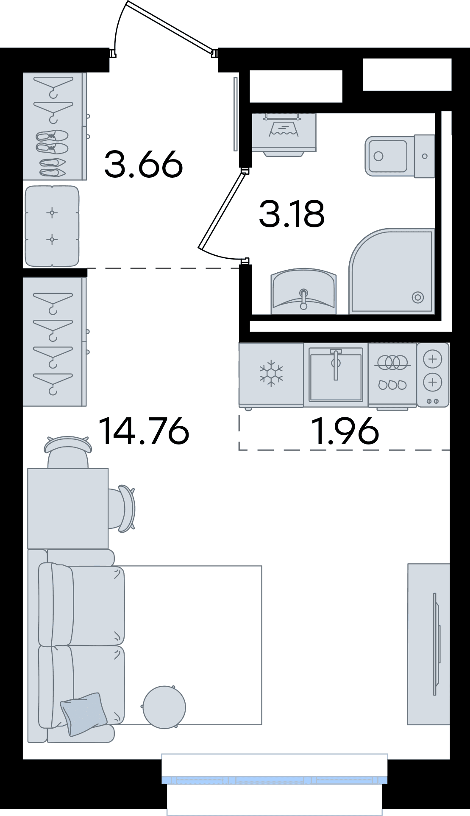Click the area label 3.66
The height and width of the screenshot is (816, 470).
coord(144,164)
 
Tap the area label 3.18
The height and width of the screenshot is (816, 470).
coord(292,213)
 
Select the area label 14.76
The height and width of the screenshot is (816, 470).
coord(144,431)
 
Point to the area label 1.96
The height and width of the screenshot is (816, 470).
coord(345,431)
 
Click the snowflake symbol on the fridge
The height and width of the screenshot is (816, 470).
coord(271,373)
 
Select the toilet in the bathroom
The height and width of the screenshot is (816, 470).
coord(400,156)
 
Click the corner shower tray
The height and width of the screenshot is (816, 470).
coord(392,271)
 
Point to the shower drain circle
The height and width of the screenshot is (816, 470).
coord(418,298)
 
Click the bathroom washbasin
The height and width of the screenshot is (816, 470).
coord(303,291)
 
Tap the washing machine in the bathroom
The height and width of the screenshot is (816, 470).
coord(284,134)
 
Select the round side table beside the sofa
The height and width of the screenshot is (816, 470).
coord(164,707)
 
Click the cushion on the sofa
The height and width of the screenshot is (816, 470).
coord(83,714)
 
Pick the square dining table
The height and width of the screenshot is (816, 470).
coord(68,509)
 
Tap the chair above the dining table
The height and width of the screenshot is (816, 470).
coord(68,451)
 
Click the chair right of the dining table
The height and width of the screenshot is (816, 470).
coord(122,509)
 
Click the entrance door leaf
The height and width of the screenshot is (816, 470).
coord(170,27)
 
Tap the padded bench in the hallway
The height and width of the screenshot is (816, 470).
coord(52,226)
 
